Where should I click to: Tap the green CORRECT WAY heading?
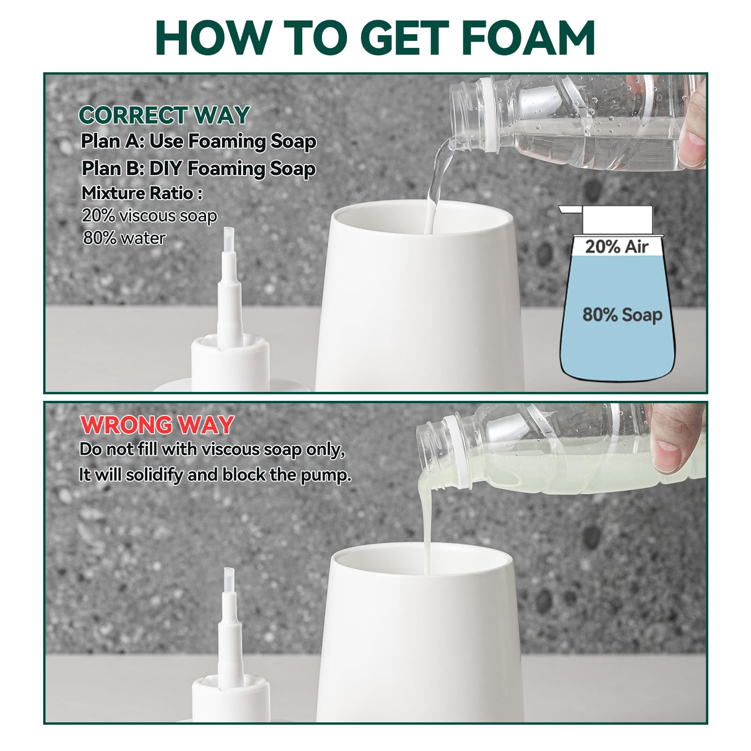(164, 115)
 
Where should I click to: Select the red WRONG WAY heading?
(157, 425)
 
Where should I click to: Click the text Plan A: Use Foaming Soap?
(198, 141)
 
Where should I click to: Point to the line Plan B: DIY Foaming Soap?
(198, 169)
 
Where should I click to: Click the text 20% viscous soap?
(149, 215)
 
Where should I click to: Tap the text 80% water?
(124, 238)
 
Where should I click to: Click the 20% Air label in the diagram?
(616, 246)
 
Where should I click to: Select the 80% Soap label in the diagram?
(622, 314)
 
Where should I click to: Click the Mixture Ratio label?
(142, 193)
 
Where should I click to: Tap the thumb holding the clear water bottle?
(692, 146)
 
